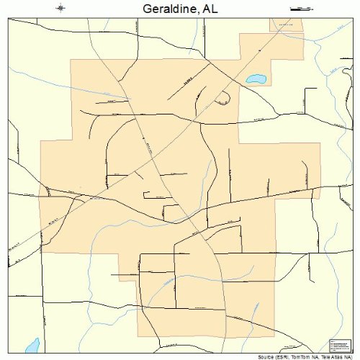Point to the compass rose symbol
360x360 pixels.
(x=61, y=8)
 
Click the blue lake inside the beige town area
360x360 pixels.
(x=254, y=78)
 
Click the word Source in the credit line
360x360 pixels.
(x=264, y=356)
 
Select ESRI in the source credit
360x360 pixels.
(x=281, y=356)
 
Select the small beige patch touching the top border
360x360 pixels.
(x=286, y=24)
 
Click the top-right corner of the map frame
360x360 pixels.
(x=351, y=18)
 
